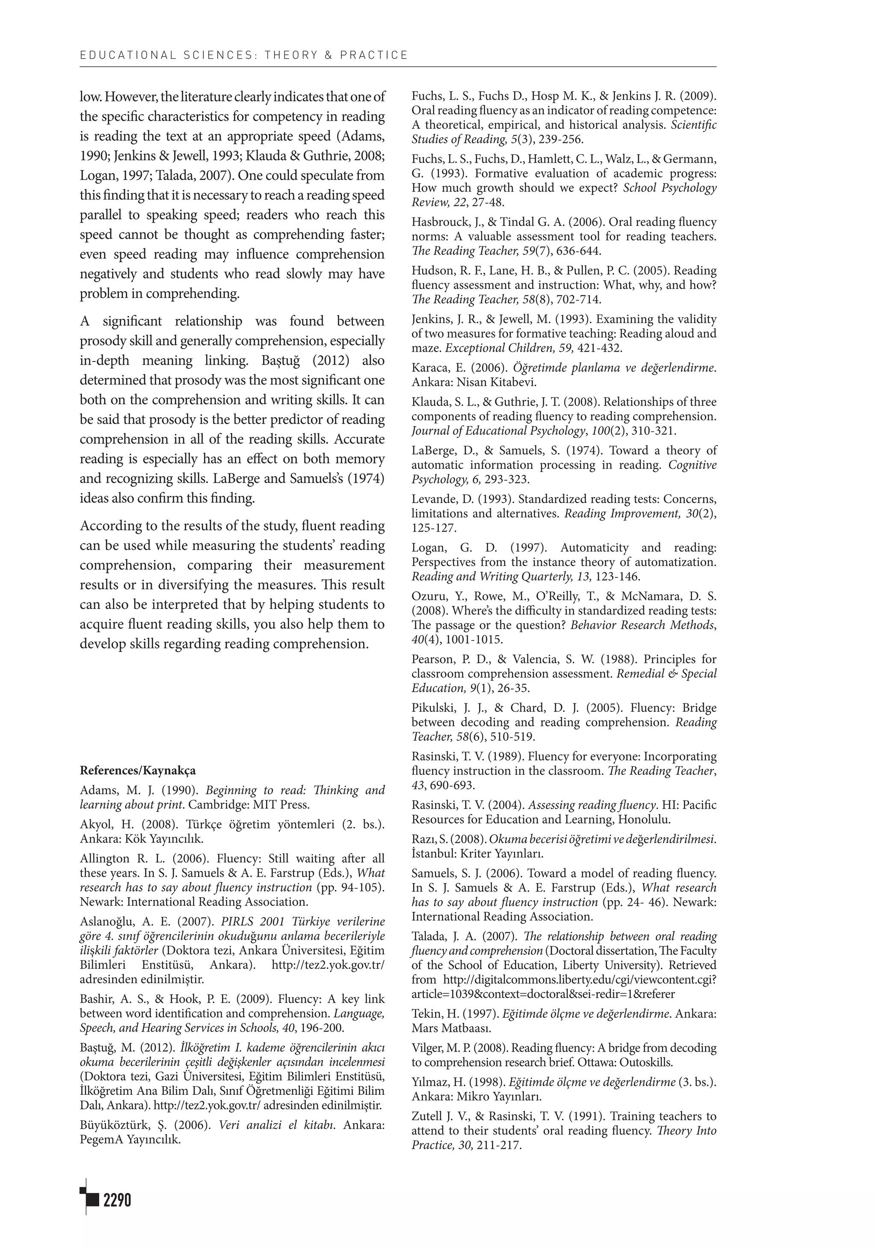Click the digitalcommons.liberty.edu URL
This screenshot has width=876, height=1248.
pos(580,979)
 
